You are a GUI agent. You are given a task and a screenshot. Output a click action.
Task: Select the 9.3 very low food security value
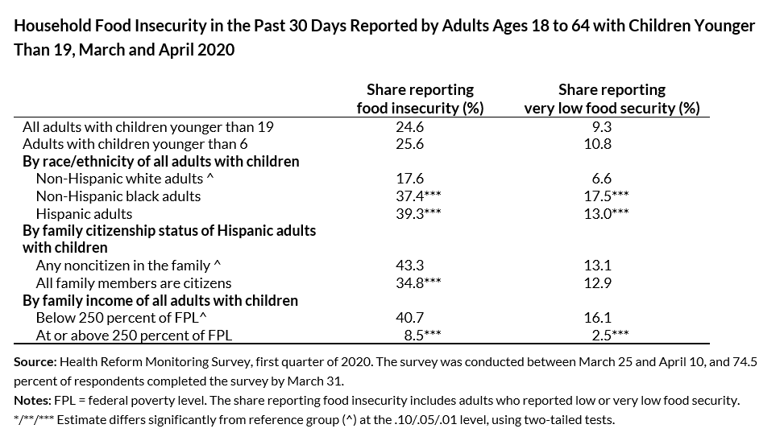(601, 127)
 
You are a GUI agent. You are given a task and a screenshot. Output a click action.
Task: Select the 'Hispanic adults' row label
(84, 214)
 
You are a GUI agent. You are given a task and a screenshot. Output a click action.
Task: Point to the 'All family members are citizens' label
(134, 283)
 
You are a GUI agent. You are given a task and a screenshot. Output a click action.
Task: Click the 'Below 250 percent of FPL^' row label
(111, 318)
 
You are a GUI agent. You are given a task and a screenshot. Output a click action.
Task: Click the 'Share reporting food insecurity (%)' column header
(420, 99)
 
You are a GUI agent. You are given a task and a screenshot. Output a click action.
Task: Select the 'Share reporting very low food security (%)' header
(612, 99)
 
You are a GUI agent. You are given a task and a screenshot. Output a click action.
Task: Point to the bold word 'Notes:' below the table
(31, 401)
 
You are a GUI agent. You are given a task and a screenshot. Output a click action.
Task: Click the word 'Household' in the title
(50, 26)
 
